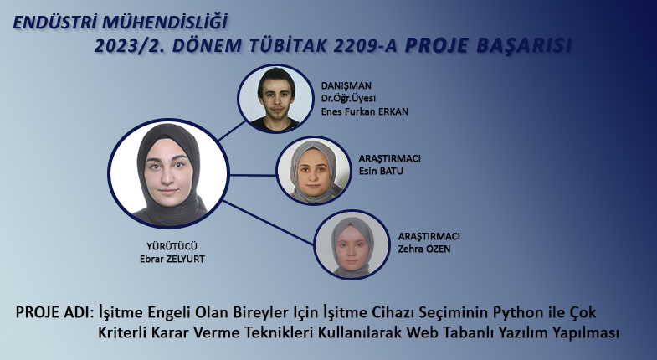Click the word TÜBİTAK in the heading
pos(288,46)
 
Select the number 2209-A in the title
pos(366,46)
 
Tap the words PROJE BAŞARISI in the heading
pos(488,46)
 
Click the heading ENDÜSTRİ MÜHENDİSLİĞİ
pos(121,23)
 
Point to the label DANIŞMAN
pos(346,86)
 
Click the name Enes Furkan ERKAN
pos(365,111)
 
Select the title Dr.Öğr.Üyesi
pos(348,99)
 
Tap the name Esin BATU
pos(381,171)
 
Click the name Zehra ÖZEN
pos(424,249)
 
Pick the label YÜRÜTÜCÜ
pos(172,246)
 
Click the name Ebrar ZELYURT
pos(172,259)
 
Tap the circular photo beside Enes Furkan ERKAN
pos(275,99)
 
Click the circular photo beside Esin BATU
pos(313,171)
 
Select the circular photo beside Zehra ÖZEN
pos(352,244)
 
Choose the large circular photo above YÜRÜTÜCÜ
pos(168,173)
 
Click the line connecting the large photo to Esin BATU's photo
pos(253,175)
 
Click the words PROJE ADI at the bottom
pos(54,312)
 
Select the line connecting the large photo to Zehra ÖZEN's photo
pos(269,223)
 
